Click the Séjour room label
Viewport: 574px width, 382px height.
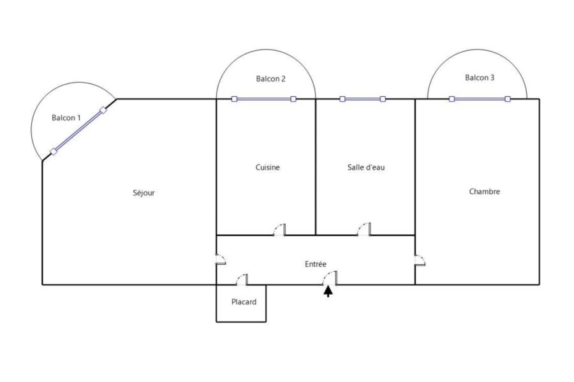pyautogui.click(x=143, y=193)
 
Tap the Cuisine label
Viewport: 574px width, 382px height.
pyautogui.click(x=268, y=167)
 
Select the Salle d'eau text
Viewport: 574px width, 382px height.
pyautogui.click(x=366, y=167)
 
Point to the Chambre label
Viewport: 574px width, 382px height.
pyautogui.click(x=484, y=191)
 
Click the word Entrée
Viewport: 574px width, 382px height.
pyautogui.click(x=316, y=264)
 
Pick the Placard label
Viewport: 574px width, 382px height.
pyautogui.click(x=244, y=302)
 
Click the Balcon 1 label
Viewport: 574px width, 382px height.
pyautogui.click(x=66, y=117)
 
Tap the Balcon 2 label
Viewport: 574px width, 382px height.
pyautogui.click(x=270, y=78)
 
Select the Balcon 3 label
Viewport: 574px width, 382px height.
pyautogui.click(x=480, y=77)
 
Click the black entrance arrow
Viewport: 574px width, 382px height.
pyautogui.click(x=328, y=292)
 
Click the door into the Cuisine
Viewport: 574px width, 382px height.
pyautogui.click(x=279, y=230)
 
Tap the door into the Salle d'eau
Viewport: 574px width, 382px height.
pyautogui.click(x=364, y=229)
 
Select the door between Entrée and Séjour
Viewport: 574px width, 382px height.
pyautogui.click(x=221, y=259)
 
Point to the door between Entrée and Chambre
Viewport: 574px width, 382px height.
pyautogui.click(x=420, y=260)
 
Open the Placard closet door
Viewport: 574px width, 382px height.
pyautogui.click(x=242, y=279)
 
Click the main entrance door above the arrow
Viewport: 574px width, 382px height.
pyautogui.click(x=330, y=278)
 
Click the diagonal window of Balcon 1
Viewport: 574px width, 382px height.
pyautogui.click(x=78, y=131)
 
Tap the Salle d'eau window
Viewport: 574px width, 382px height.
pyautogui.click(x=362, y=99)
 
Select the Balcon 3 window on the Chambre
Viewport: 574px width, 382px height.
pyautogui.click(x=480, y=99)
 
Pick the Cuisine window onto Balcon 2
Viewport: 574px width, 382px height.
pyautogui.click(x=263, y=99)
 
